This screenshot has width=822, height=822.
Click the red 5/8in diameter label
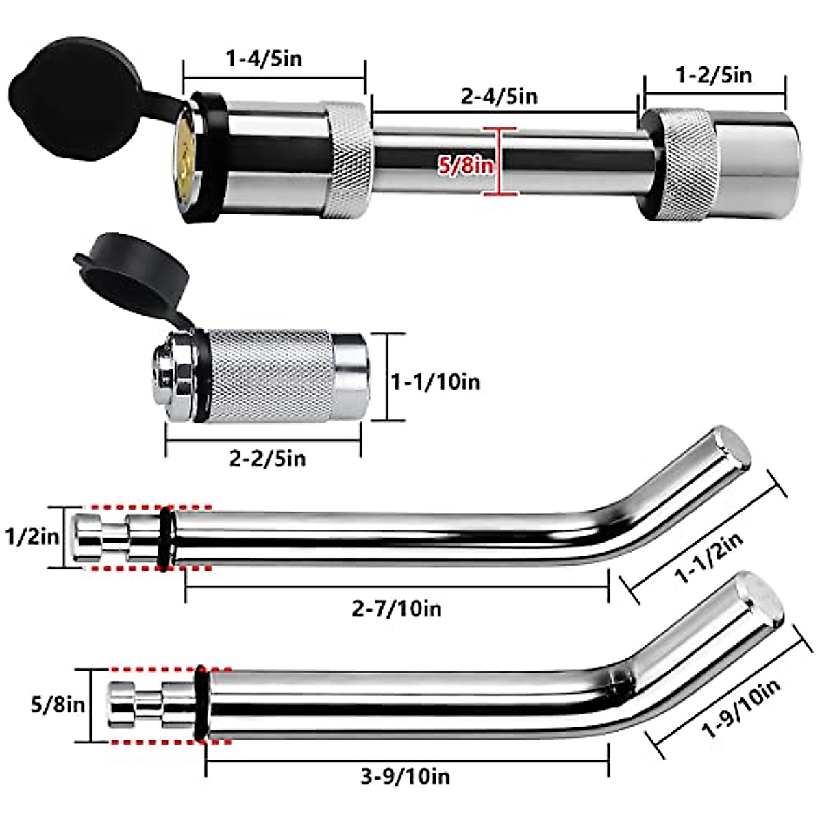click(x=466, y=164)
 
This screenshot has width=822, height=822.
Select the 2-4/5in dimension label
click(x=499, y=96)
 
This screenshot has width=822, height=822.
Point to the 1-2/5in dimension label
click(x=714, y=75)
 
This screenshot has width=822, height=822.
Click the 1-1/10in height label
click(x=435, y=381)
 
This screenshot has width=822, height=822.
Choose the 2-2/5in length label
click(x=267, y=458)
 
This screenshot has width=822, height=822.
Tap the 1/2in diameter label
click(x=32, y=536)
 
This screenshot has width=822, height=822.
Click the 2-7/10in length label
click(x=397, y=608)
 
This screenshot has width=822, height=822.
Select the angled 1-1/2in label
click(x=709, y=558)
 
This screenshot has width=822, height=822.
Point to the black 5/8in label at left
click(x=58, y=704)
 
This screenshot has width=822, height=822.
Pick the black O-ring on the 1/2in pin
click(x=166, y=538)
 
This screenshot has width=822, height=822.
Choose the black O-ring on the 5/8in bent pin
click(x=201, y=703)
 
